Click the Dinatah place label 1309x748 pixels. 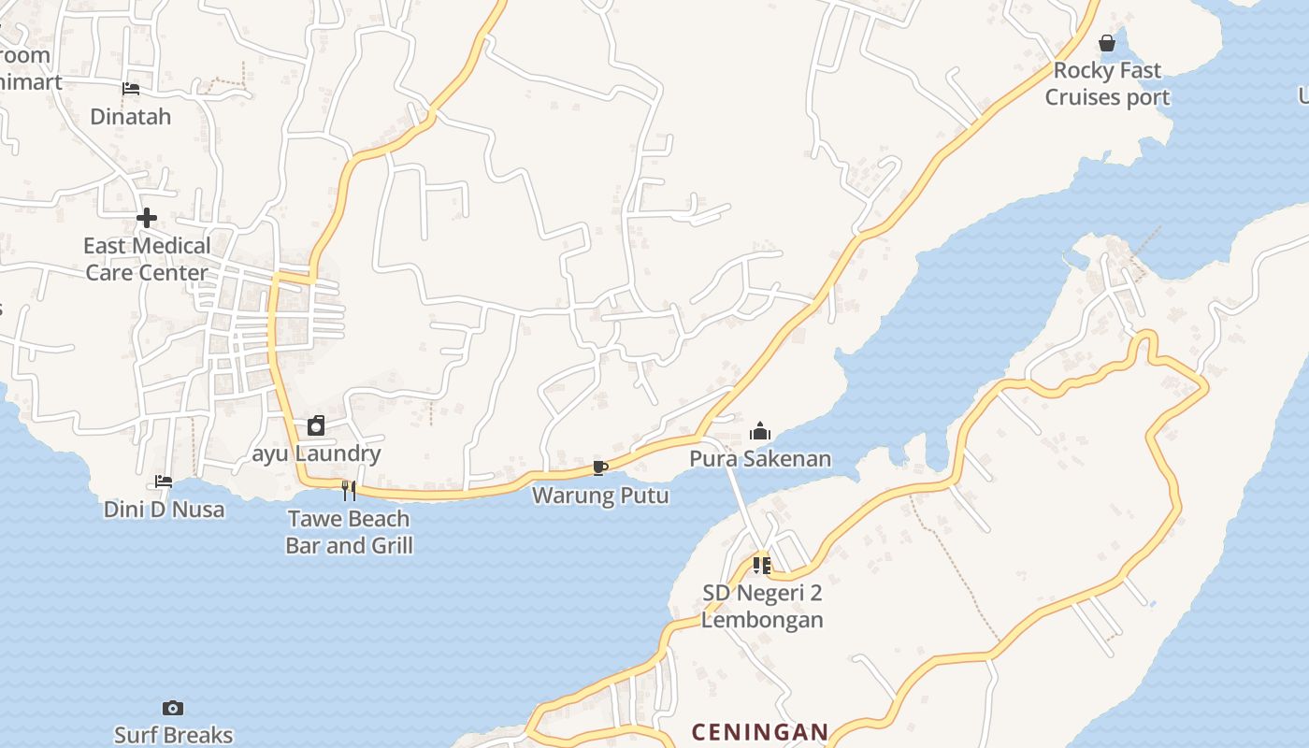point(131,117)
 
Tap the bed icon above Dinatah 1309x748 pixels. point(131,89)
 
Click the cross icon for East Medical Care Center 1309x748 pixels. point(147,218)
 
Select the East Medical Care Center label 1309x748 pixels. point(147,259)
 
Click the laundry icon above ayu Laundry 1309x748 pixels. point(316,426)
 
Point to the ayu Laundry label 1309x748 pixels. point(317,454)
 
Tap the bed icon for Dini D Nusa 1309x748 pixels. point(164,482)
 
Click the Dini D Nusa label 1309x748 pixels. point(164,510)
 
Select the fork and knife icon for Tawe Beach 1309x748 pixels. point(349,490)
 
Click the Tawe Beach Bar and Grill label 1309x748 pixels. point(349,532)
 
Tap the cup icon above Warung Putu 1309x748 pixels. point(600,467)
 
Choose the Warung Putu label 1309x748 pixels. point(600,496)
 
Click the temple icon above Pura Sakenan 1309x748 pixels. point(760,431)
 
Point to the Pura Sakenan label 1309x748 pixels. point(760,459)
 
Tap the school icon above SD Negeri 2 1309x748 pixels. point(762,565)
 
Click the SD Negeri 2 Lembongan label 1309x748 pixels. point(762,606)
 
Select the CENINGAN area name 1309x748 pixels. point(759,732)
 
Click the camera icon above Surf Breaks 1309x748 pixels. point(173,708)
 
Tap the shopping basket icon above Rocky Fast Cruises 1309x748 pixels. point(1107,43)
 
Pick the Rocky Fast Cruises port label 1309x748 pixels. point(1107,84)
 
